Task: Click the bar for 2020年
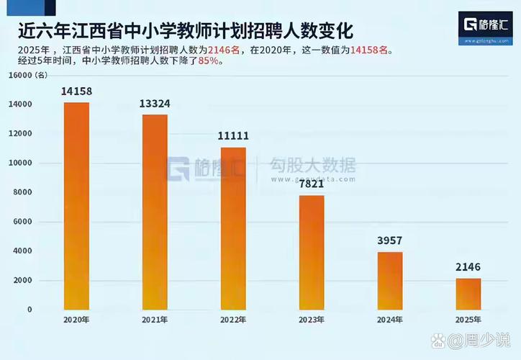pos(76,206)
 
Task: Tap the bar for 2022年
pos(233,228)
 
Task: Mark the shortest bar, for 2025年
pos(468,294)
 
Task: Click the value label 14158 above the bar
pos(76,91)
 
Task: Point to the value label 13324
pos(155,104)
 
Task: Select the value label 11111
pos(233,135)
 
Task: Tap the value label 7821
pos(312,184)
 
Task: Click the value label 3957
pos(390,240)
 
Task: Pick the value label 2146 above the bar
pos(468,267)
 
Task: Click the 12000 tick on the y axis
pos(19,134)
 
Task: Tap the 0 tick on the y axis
pos(30,310)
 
